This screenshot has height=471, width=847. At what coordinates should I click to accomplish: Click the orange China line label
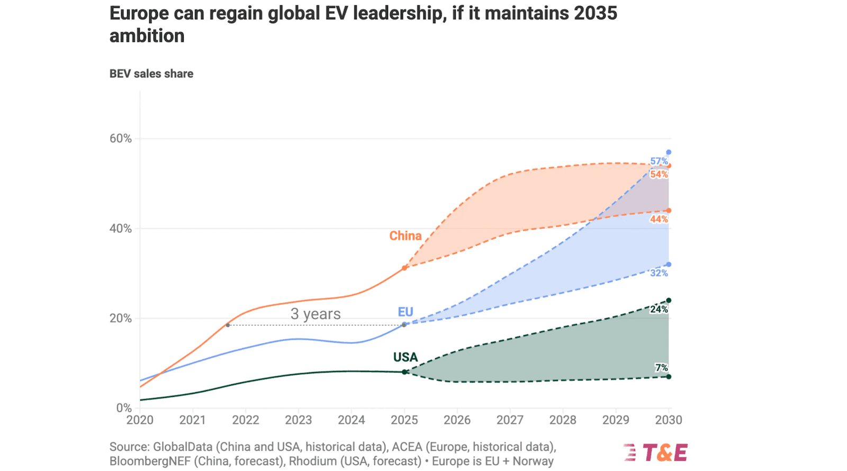[x=406, y=236]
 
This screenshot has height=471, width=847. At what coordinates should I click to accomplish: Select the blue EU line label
[x=406, y=312]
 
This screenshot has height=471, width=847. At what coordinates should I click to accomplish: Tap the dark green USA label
[x=406, y=357]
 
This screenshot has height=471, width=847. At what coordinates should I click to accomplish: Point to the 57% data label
[x=659, y=161]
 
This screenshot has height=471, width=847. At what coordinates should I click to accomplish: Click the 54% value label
[x=659, y=174]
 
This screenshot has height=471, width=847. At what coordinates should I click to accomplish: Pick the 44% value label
[x=659, y=219]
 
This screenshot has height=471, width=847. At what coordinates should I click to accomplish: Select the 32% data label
[x=659, y=273]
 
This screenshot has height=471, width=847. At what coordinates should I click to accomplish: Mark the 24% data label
[x=659, y=309]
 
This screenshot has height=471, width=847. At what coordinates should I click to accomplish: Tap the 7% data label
[x=661, y=367]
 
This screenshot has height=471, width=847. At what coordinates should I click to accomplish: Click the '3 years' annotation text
[x=316, y=314]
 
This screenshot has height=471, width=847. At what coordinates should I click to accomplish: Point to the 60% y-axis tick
[x=121, y=139]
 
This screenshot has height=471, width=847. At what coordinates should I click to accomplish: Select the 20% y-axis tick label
[x=121, y=318]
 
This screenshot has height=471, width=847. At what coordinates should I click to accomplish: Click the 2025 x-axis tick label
[x=404, y=420]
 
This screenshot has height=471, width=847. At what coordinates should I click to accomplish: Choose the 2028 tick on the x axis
[x=563, y=420]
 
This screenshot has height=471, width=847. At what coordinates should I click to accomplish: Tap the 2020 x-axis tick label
[x=140, y=420]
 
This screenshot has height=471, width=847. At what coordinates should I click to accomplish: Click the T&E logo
[x=656, y=452]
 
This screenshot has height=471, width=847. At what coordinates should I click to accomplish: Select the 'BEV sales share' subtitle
[x=151, y=74]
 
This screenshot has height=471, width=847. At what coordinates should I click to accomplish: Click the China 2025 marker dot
[x=404, y=268]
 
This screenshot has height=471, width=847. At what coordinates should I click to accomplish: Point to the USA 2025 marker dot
[x=404, y=372]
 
